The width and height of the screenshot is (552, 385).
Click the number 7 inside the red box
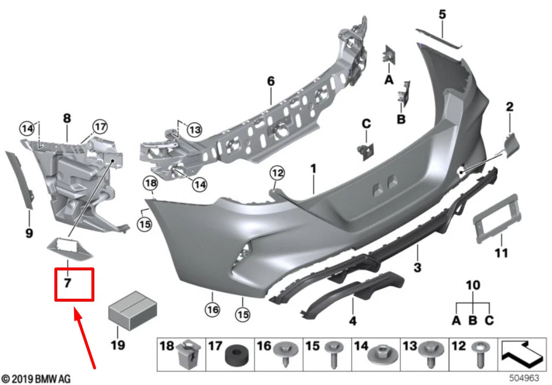[68, 283]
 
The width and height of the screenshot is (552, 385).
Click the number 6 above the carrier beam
[271, 82]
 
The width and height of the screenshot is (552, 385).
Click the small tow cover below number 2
[509, 142]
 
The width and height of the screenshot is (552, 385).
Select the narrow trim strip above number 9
[20, 180]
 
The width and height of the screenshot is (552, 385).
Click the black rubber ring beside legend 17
[234, 354]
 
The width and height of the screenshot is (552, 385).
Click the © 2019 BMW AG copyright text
[36, 379]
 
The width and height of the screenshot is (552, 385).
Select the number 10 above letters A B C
[473, 285]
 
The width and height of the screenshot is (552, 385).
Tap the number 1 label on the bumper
[313, 169]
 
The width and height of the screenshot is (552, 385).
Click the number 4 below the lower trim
[352, 320]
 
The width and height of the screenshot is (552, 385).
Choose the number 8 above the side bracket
[67, 119]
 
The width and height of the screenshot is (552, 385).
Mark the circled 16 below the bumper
[213, 310]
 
